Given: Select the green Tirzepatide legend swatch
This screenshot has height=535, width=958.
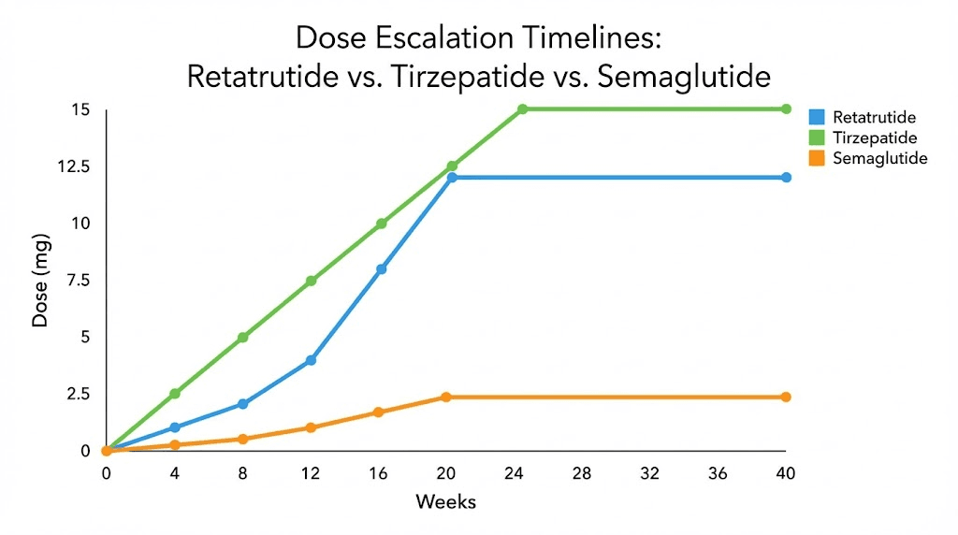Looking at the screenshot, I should coord(816,138).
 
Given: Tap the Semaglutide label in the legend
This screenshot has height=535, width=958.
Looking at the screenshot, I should coord(879,159).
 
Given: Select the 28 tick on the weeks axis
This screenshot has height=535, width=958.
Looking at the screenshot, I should coord(582,473).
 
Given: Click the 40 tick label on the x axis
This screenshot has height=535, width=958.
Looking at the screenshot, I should coord(786,473).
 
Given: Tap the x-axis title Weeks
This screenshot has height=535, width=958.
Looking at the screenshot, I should coord(445,503).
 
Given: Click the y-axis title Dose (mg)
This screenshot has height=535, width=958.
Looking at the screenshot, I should coord(40,280).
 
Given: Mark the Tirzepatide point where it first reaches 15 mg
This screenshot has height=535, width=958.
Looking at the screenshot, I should coord(522,109).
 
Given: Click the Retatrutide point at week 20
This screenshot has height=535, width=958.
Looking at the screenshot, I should coord(452,178).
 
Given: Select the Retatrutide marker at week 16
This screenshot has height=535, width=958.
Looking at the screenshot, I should coord(381,269).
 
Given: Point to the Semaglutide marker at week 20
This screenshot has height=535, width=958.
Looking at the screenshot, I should coord(446,398).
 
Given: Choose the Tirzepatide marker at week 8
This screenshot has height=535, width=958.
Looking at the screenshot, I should coord(243,337).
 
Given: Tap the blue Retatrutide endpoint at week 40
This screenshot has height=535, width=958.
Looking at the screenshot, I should coord(786,178).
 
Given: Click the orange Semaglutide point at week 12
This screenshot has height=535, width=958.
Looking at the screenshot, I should coord(311,427).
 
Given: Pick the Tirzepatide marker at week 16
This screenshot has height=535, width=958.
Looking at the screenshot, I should coord(381,224).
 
